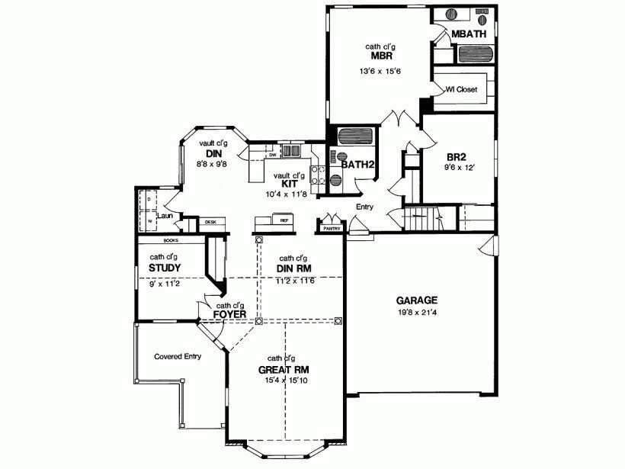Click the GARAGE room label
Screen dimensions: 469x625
point(415,300)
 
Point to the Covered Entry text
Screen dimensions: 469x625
point(177,356)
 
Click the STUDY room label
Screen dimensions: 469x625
point(165,268)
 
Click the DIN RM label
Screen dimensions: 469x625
point(293,268)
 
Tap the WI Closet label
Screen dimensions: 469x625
point(462,89)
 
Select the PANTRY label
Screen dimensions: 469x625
point(332,228)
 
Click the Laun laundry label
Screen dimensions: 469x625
point(163,216)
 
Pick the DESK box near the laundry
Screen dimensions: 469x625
point(210,222)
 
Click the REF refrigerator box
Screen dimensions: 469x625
point(284,220)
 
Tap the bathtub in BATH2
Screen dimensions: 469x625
point(354,137)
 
